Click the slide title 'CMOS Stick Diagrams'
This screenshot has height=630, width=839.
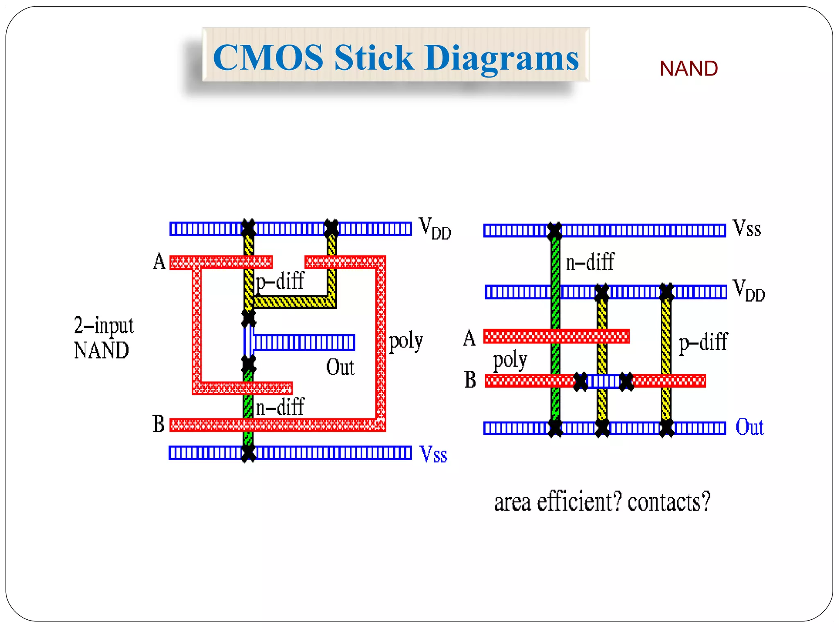pyautogui.click(x=396, y=57)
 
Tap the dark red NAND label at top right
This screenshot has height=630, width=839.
pyautogui.click(x=688, y=68)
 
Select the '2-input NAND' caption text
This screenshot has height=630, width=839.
pyautogui.click(x=103, y=338)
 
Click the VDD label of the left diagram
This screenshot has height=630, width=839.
pyautogui.click(x=434, y=228)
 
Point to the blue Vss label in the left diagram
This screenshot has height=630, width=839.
pyautogui.click(x=433, y=454)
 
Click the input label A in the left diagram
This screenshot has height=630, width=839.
pyautogui.click(x=159, y=261)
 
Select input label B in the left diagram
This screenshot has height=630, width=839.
pyautogui.click(x=159, y=424)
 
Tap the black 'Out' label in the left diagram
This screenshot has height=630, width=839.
pyautogui.click(x=340, y=367)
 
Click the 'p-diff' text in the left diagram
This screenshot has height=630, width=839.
pyautogui.click(x=280, y=282)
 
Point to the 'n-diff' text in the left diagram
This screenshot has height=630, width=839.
pyautogui.click(x=280, y=407)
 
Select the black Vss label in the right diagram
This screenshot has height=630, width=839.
pyautogui.click(x=746, y=228)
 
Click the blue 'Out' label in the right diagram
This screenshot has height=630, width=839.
pyautogui.click(x=749, y=427)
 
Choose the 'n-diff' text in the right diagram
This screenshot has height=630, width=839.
pyautogui.click(x=590, y=262)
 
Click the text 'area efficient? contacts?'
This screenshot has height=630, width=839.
pyautogui.click(x=602, y=502)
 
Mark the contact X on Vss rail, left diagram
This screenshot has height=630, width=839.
pyautogui.click(x=248, y=453)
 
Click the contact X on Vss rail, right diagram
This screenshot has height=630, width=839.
pyautogui.click(x=555, y=231)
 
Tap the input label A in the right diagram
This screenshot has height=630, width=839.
pyautogui.click(x=469, y=338)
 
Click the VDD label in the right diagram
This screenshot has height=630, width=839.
pyautogui.click(x=748, y=291)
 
